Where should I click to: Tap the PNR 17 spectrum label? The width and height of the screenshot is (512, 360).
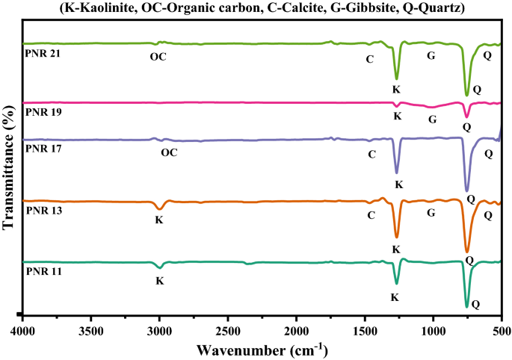pos(42,148)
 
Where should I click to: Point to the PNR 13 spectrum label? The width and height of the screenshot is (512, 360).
pos(42,211)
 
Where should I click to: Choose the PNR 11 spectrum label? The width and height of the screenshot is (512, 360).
pos(42,271)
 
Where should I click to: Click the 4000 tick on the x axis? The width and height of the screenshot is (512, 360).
pos(23,328)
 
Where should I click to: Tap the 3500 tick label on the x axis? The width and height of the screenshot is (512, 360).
pos(91,328)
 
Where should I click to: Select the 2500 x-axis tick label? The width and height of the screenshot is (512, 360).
pos(228,328)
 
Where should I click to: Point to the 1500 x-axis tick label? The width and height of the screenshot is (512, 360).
pos(365,328)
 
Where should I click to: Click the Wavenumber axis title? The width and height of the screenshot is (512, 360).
pos(262,348)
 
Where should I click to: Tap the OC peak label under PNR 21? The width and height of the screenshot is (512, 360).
pos(158,57)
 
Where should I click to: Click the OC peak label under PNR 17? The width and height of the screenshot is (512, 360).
pos(170,153)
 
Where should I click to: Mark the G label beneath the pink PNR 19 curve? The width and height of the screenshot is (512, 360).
pos(432,119)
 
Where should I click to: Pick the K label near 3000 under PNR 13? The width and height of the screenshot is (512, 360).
pos(158,220)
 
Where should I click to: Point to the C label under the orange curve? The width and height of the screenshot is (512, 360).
pos(371,215)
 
